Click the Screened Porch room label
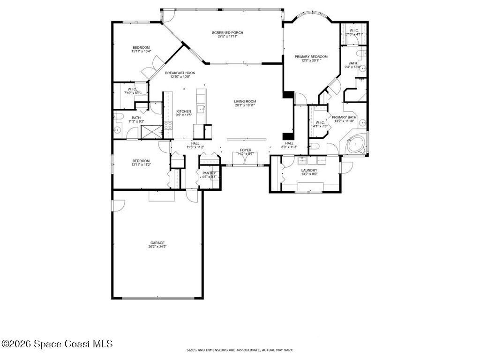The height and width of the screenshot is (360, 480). [227, 33]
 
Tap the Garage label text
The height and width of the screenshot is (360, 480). [157, 243]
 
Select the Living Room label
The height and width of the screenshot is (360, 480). [245, 101]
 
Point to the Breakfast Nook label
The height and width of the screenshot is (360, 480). [180, 73]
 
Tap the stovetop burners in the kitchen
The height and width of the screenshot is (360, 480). [168, 126]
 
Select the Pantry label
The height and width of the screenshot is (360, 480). [209, 173]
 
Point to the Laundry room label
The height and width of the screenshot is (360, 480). [309, 170]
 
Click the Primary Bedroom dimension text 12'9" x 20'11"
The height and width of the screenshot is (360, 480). [311, 60]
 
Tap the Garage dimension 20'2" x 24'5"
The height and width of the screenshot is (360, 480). [157, 247]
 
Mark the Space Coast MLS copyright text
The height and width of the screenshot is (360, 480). [57, 344]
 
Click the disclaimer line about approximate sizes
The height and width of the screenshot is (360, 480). [240, 350]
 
